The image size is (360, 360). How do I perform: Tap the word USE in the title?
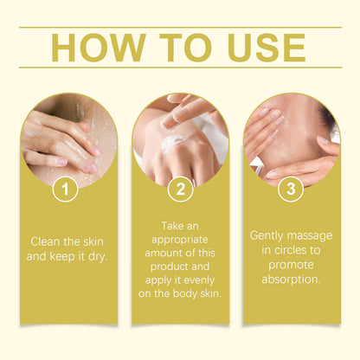[x=267, y=48]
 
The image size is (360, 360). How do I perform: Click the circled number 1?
[x=65, y=190]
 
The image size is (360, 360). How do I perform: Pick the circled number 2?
[x=180, y=190]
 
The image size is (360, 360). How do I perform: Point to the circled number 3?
[x=291, y=189]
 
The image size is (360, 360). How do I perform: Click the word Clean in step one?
[x=46, y=241]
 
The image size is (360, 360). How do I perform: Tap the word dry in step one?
[x=98, y=256]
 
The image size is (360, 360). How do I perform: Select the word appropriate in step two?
[x=180, y=240]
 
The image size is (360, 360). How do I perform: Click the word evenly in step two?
[x=199, y=280]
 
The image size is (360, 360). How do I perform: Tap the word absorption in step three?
[x=291, y=280]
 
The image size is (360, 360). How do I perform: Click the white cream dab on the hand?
[x=172, y=144]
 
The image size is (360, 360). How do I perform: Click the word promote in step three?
[x=291, y=265]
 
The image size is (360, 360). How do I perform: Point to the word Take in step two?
[x=171, y=226]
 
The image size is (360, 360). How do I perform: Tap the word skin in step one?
[x=92, y=241]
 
